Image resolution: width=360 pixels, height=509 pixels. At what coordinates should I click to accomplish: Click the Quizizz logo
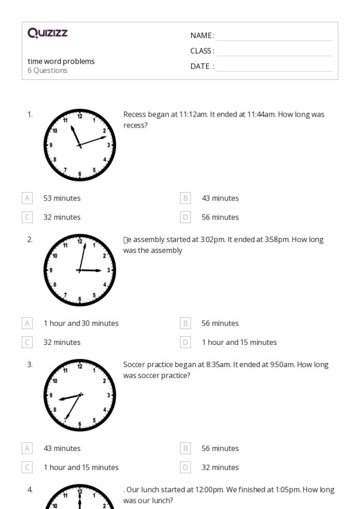click(48, 34)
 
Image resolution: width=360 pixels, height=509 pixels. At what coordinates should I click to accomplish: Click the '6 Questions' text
click(47, 70)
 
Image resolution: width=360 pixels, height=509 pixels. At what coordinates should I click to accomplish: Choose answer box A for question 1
click(27, 198)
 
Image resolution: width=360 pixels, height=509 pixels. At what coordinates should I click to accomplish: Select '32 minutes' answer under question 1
click(62, 217)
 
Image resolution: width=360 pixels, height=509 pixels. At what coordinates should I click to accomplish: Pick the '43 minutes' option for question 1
click(220, 198)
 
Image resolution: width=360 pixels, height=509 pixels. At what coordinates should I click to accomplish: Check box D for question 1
click(185, 217)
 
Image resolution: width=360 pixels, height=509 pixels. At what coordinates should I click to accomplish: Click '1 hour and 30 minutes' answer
click(81, 323)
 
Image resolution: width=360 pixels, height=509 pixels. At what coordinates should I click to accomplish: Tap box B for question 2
click(185, 323)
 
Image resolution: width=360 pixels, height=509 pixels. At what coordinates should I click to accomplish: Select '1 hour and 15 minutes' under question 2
click(239, 342)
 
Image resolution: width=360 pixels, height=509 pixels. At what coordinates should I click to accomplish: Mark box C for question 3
click(27, 467)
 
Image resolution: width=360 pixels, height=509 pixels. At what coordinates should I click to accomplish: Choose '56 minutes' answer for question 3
click(220, 448)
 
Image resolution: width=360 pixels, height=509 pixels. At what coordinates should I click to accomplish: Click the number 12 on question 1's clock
click(79, 116)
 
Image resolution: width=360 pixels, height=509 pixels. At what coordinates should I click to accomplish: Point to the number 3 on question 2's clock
click(109, 270)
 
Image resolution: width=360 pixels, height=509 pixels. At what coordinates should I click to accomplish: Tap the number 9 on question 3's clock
click(50, 395)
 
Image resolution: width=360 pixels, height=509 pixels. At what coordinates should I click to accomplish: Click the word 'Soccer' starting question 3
click(134, 365)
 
